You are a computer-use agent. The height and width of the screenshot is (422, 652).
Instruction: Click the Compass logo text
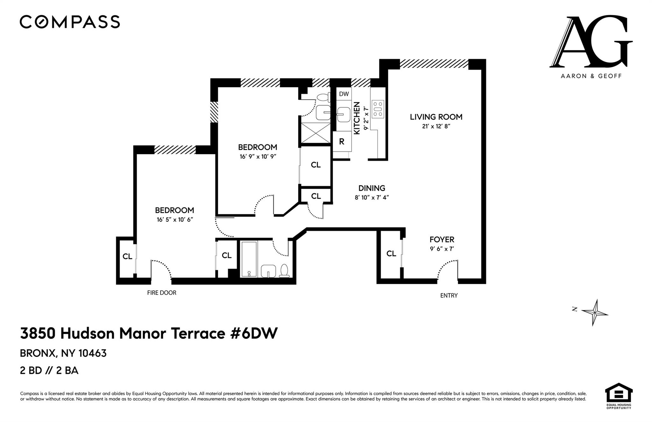tap(70, 22)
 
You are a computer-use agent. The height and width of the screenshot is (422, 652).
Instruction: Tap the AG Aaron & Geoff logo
tap(591, 46)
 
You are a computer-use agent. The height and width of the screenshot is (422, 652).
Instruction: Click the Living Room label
tap(436, 117)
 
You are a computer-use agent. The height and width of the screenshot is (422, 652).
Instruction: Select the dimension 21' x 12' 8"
tap(436, 126)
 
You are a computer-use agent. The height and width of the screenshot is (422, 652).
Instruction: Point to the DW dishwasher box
tap(344, 94)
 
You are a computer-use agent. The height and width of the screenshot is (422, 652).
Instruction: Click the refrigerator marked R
tap(342, 142)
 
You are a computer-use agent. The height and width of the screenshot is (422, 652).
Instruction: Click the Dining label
tap(372, 188)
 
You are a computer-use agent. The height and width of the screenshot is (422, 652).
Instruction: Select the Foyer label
tap(442, 240)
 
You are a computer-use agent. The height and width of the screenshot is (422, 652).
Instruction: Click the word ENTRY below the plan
tap(449, 296)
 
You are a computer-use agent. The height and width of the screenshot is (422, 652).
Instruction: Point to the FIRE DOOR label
tap(161, 293)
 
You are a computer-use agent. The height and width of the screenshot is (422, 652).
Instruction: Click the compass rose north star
tap(595, 313)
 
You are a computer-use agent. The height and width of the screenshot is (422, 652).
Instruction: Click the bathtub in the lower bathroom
tap(249, 259)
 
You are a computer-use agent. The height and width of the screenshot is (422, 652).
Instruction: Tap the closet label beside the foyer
tap(391, 254)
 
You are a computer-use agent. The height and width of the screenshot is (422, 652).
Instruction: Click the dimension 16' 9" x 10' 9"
tap(258, 157)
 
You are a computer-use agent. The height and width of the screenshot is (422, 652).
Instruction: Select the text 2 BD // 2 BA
tap(49, 371)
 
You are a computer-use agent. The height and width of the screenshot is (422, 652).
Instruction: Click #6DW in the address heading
tap(252, 333)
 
